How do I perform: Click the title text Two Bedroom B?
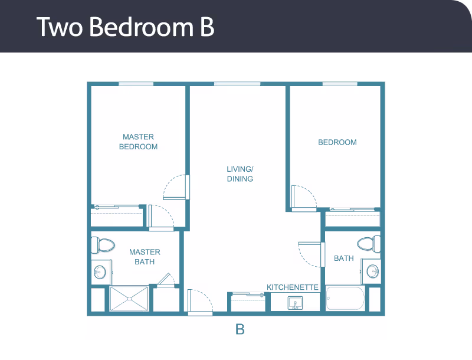(x=125, y=27)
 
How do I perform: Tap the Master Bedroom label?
(x=138, y=142)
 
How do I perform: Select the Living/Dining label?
(x=240, y=174)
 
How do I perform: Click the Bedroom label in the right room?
(x=337, y=142)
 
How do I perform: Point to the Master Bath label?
(x=145, y=257)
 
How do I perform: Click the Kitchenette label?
(x=293, y=287)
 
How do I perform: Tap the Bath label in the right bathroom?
(x=344, y=258)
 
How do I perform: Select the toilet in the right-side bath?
(x=368, y=243)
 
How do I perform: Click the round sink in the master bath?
(x=100, y=272)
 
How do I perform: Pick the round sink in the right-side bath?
(x=373, y=271)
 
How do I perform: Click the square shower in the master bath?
(x=129, y=299)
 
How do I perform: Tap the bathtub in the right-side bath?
(x=345, y=299)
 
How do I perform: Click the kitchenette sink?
(x=295, y=303)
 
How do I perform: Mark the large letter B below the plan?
(x=240, y=330)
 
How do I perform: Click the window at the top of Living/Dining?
(x=237, y=84)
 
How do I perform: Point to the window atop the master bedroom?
(x=136, y=84)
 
